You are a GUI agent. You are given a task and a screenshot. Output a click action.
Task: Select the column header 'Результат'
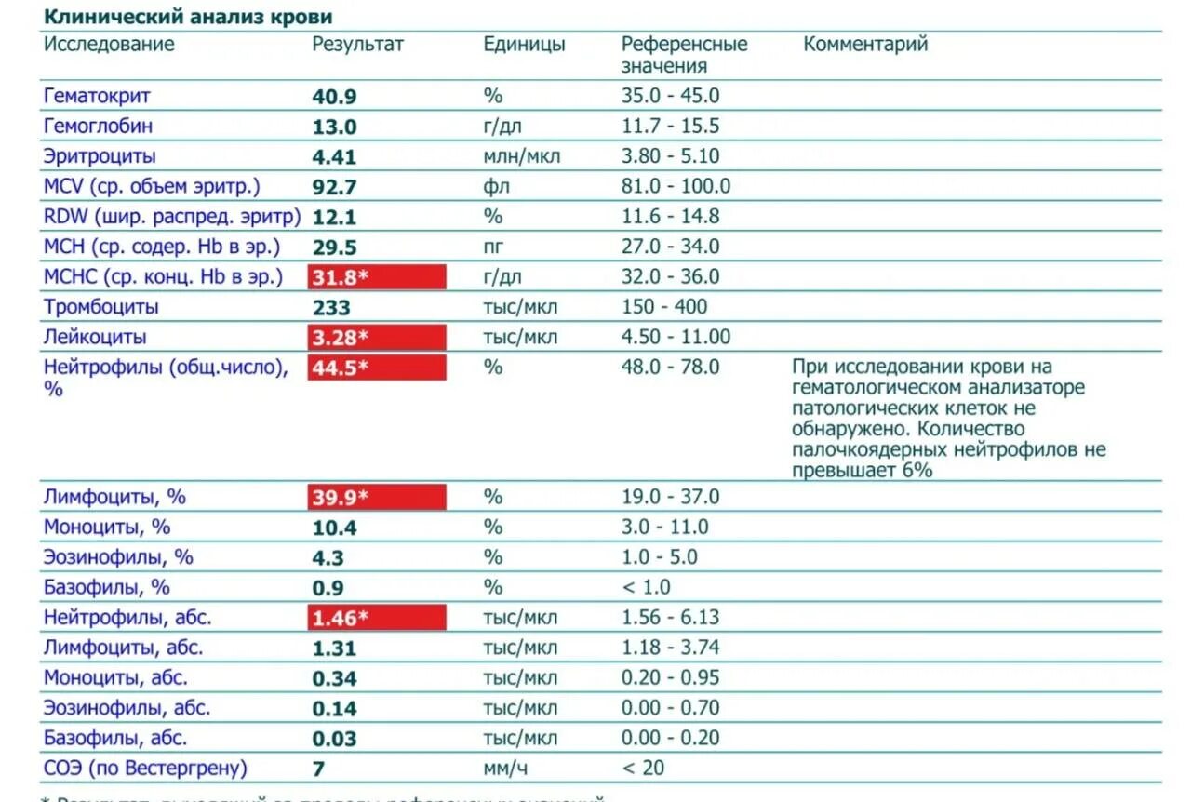pyautogui.click(x=358, y=45)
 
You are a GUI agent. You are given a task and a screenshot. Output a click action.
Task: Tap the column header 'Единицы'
pyautogui.click(x=524, y=45)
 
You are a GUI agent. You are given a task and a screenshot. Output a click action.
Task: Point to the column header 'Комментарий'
pyautogui.click(x=865, y=45)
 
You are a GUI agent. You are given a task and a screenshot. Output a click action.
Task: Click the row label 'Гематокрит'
pyautogui.click(x=97, y=96)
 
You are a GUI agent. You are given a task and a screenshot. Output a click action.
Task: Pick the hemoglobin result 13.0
pyautogui.click(x=334, y=127)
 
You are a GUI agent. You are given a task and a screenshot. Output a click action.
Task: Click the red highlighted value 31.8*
pyautogui.click(x=377, y=277)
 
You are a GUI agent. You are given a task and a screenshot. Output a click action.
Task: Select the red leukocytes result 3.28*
pyautogui.click(x=377, y=337)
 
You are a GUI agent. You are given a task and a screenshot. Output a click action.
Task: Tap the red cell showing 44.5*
pyautogui.click(x=377, y=368)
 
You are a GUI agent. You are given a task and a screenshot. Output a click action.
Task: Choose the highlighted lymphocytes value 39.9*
pyautogui.click(x=377, y=497)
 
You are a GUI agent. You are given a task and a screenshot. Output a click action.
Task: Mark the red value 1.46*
pyautogui.click(x=377, y=618)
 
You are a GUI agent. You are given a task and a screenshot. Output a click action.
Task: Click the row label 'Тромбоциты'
pyautogui.click(x=101, y=307)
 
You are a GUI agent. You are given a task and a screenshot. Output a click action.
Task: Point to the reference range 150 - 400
pyautogui.click(x=664, y=307)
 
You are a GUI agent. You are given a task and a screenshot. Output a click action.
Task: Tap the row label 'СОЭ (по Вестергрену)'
pyautogui.click(x=146, y=769)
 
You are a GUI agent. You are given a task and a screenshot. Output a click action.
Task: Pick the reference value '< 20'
pyautogui.click(x=643, y=769)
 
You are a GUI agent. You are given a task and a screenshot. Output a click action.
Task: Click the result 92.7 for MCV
pyautogui.click(x=334, y=187)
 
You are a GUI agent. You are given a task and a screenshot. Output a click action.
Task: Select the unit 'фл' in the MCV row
pyautogui.click(x=497, y=186)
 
